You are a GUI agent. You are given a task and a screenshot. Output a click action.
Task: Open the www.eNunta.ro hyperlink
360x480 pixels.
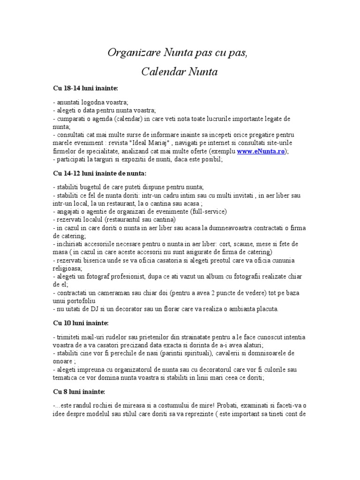260,151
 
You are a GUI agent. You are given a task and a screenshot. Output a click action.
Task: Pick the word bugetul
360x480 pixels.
94,187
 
